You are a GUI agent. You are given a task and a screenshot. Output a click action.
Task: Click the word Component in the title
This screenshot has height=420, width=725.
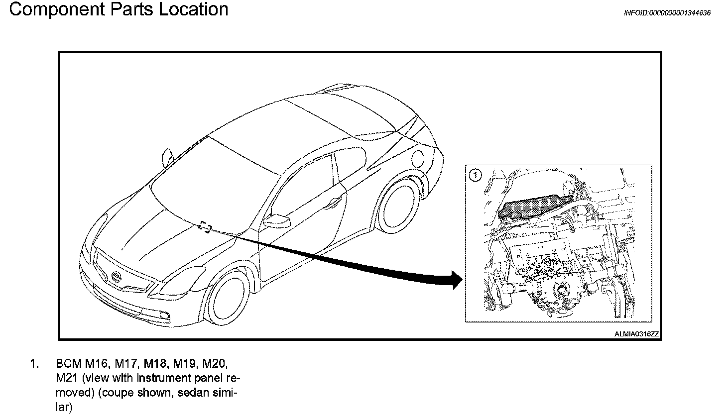coord(50,9)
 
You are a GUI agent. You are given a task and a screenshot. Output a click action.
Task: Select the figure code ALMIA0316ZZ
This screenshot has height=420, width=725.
coord(636,334)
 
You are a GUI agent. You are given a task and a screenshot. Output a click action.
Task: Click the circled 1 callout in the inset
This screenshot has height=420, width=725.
coord(475,175)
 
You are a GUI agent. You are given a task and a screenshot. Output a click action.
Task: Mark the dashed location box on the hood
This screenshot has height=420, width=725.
coord(205,227)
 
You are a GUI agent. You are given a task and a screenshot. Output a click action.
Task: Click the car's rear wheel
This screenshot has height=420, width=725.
coord(398,205)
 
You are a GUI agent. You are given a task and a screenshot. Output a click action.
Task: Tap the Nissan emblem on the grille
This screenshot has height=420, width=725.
coord(118,275)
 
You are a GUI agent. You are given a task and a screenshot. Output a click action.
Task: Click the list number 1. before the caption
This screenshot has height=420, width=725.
coord(34,364)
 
